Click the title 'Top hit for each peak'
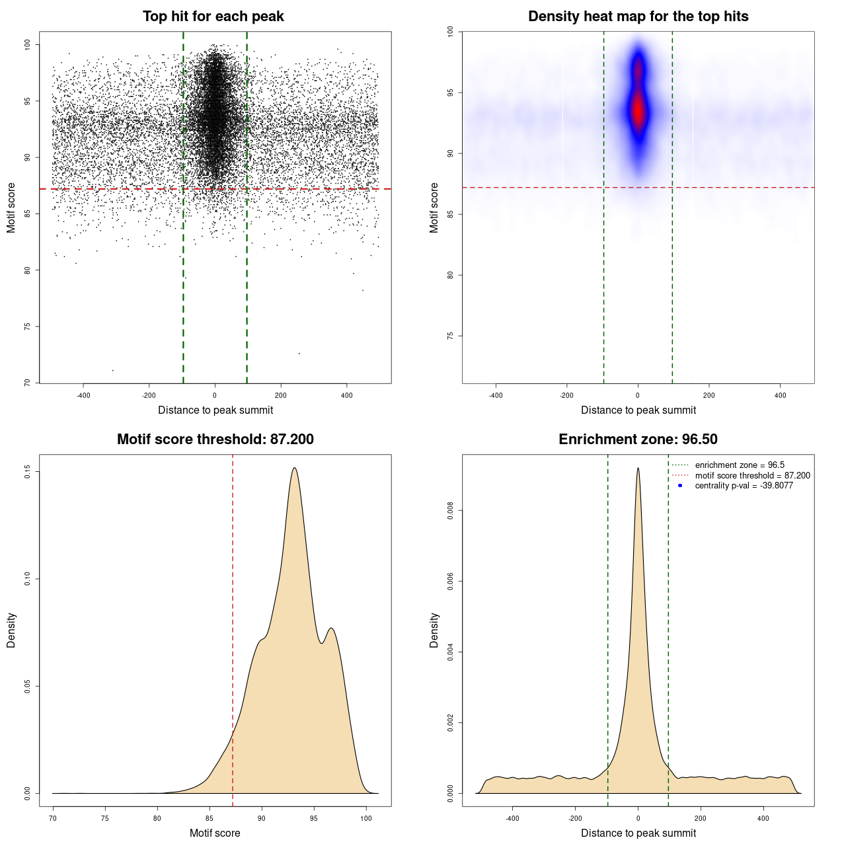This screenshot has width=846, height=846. [213, 17]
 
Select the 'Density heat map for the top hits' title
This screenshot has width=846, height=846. [638, 17]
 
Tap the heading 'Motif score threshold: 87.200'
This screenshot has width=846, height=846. [215, 440]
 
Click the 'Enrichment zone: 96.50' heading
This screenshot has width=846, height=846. [638, 440]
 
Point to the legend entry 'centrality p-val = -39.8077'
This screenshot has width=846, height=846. [744, 486]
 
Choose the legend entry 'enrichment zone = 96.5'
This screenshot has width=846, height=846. [740, 465]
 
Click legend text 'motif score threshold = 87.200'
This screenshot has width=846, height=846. [752, 476]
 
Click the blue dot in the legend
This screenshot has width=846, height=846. [680, 486]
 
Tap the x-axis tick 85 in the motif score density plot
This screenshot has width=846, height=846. [210, 818]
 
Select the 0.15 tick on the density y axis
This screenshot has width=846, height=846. [27, 471]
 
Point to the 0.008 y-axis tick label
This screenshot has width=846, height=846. [450, 511]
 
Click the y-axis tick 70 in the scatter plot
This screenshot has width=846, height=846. [27, 383]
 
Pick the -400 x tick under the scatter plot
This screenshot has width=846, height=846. [83, 395]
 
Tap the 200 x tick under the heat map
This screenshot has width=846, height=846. [709, 395]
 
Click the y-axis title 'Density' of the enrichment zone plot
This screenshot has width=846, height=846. [434, 630]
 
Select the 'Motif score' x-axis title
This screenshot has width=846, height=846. [215, 833]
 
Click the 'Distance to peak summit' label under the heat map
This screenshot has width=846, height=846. [638, 410]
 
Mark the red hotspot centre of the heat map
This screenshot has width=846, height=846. [638, 109]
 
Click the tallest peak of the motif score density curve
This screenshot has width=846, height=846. [294, 468]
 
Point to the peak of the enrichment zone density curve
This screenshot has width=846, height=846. [638, 468]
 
